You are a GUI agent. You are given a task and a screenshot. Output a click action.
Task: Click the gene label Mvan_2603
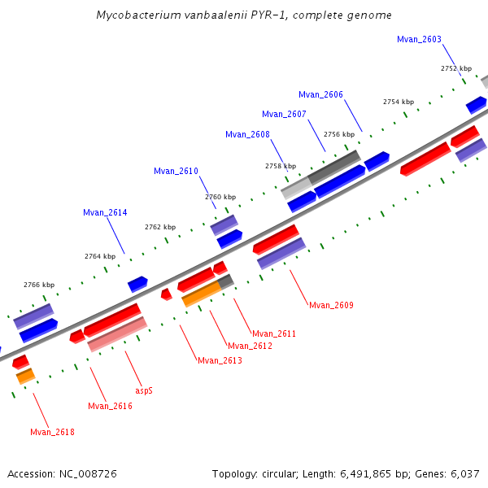(419, 39)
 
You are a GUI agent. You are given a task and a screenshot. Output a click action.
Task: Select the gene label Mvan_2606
(320, 94)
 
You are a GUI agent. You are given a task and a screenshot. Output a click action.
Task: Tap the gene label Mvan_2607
(284, 114)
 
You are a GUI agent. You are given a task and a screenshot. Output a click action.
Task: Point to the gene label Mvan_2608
(247, 134)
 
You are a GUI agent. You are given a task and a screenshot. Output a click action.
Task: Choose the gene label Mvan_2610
(176, 171)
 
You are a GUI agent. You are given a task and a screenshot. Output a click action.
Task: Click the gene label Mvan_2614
(105, 212)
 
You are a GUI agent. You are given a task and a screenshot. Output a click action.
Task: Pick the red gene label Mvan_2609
(331, 305)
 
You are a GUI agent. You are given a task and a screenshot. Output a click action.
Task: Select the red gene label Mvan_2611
(274, 333)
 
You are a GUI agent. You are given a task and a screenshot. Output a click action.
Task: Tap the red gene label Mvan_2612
(250, 346)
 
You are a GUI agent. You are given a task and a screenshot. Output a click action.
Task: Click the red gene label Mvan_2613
(220, 360)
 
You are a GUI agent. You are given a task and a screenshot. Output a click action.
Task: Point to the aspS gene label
(144, 390)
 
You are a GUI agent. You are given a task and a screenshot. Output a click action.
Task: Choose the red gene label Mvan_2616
(110, 406)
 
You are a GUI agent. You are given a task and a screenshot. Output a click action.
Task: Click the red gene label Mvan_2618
(52, 432)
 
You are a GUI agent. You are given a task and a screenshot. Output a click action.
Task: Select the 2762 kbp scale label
(160, 227)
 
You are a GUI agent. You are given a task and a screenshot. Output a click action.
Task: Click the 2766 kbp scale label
(39, 285)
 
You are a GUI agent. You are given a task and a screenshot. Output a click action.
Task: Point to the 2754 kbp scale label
(399, 102)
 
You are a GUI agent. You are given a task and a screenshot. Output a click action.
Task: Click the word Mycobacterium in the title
(133, 15)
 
